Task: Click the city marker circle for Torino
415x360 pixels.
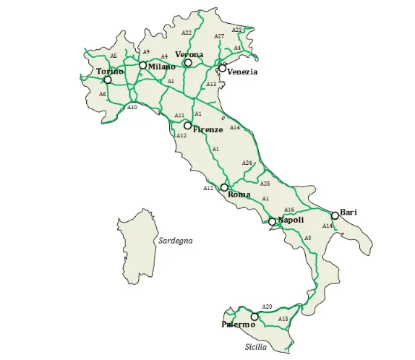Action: pos(108,80)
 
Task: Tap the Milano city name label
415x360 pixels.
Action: pos(162,67)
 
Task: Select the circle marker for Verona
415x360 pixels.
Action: pos(188,63)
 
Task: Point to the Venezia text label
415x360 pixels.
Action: pos(242,72)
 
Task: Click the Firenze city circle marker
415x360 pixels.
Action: pos(187,126)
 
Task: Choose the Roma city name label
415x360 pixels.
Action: pos(239,194)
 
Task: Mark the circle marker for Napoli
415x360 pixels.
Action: pos(272,222)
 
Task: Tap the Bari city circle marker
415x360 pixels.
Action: pos(335,215)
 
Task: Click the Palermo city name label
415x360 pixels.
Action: pos(239,325)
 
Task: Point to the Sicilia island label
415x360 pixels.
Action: pos(255,347)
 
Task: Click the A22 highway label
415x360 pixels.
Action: pos(187,33)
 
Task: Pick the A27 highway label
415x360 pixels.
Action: pos(219,36)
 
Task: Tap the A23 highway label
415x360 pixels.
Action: pos(236,30)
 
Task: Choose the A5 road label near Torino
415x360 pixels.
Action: pos(114,56)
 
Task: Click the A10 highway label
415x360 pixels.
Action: pos(132,107)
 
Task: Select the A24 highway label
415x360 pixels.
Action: pos(247,163)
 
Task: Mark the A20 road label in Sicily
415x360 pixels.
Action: pos(267,307)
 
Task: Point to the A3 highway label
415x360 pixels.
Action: pos(308,238)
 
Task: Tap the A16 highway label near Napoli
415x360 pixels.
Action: pos(289,210)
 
